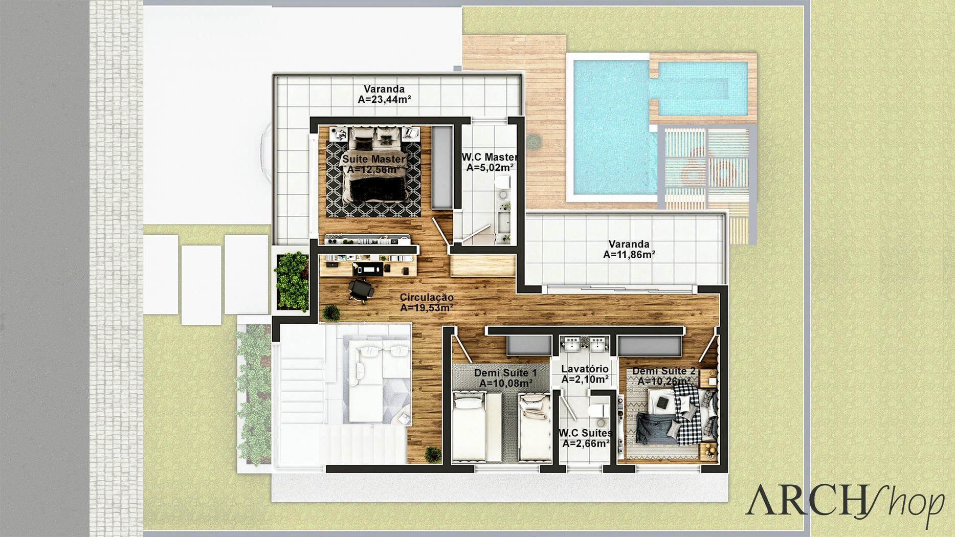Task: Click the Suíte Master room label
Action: [x=373, y=159]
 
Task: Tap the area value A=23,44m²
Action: [x=384, y=100]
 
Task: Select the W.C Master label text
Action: [x=490, y=157]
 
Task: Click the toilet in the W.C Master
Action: [x=503, y=184]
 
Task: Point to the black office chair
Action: [x=361, y=290]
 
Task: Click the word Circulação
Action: [x=427, y=297]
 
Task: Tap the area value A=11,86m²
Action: [x=629, y=255]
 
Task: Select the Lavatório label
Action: [x=585, y=369]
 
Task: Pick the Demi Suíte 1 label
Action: [x=505, y=373]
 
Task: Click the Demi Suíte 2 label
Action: [x=664, y=371]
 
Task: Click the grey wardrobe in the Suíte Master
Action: [x=442, y=167]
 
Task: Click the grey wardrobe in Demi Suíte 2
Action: [x=650, y=346]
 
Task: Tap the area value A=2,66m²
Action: [x=586, y=444]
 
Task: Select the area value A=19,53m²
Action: [x=427, y=308]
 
